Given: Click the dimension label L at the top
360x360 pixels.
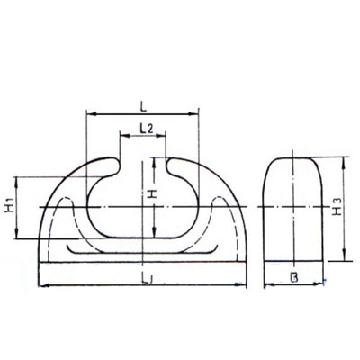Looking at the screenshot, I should pos(144,104).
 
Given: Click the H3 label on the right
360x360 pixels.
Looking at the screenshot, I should pos(335,209).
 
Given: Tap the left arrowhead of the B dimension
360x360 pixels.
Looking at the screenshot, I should pos(265,287).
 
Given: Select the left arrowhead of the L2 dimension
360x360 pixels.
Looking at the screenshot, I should pos(121,137).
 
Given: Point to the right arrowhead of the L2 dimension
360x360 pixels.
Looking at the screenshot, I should pos(164,137).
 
